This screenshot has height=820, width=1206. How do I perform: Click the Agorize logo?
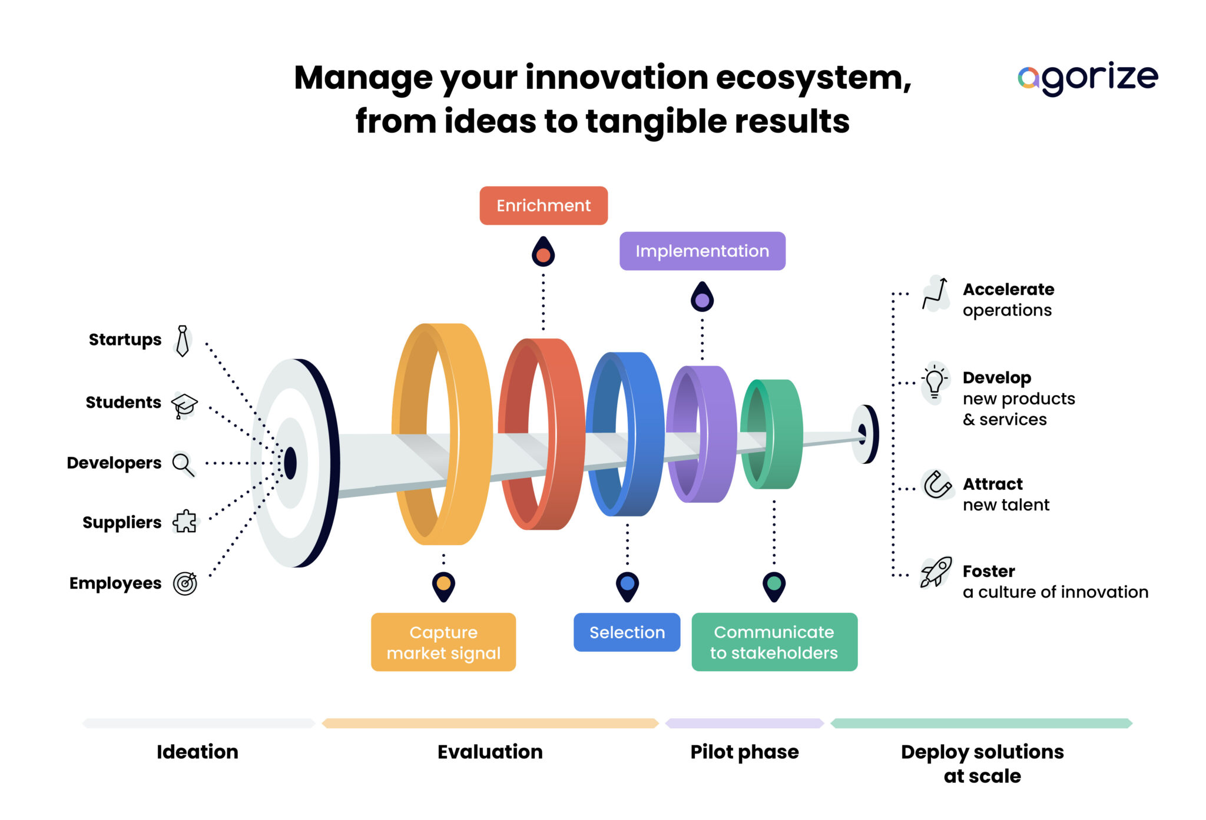tap(1087, 78)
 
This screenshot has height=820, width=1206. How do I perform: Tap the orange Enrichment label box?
tap(543, 205)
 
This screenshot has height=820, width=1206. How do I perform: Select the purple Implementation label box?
tap(702, 251)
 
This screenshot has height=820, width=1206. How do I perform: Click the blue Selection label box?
tap(627, 632)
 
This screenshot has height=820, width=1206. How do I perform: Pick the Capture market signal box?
tap(443, 642)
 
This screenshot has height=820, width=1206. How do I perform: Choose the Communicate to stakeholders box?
tap(774, 642)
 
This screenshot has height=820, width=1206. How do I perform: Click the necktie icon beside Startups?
tap(183, 341)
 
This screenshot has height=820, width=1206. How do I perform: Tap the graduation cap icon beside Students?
tap(184, 405)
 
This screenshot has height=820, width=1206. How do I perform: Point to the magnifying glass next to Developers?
tap(183, 464)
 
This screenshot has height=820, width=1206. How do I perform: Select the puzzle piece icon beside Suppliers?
tap(185, 522)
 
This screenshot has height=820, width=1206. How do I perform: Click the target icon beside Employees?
tap(185, 583)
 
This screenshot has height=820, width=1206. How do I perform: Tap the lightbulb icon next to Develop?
tap(935, 382)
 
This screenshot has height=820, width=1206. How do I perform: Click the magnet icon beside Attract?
tap(936, 485)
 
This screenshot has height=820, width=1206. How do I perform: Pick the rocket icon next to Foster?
tap(935, 572)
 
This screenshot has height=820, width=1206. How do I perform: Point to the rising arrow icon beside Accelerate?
tap(936, 293)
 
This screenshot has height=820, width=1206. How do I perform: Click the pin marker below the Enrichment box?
tap(543, 253)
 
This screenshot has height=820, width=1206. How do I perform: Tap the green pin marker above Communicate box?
tap(774, 585)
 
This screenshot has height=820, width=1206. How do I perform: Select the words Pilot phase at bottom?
tap(744, 752)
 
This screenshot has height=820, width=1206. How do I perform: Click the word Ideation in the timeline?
tap(197, 752)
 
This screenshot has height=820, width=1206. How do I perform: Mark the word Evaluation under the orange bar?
tap(490, 752)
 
